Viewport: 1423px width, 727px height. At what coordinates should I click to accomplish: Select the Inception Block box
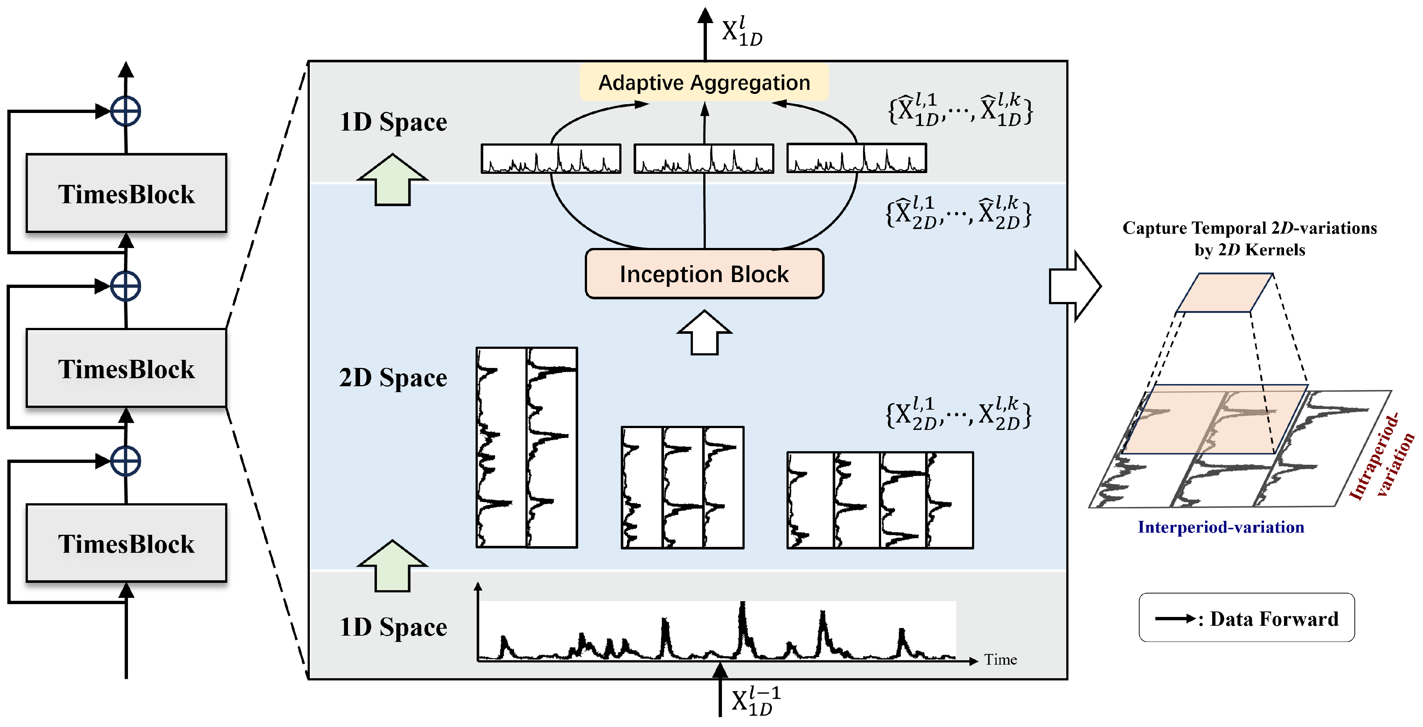point(704,274)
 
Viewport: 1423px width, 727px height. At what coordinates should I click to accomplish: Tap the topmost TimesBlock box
point(126,193)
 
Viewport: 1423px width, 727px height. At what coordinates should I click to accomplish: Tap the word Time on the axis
point(1000,660)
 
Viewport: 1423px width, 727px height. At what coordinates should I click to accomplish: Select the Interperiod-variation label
point(1221,527)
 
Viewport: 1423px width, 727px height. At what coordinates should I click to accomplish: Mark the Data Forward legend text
point(1274,619)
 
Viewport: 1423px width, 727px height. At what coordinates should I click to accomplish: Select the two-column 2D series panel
point(527,447)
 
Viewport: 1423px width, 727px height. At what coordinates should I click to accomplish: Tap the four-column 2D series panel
point(880,500)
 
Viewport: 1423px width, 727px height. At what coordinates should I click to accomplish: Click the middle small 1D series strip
point(704,158)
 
